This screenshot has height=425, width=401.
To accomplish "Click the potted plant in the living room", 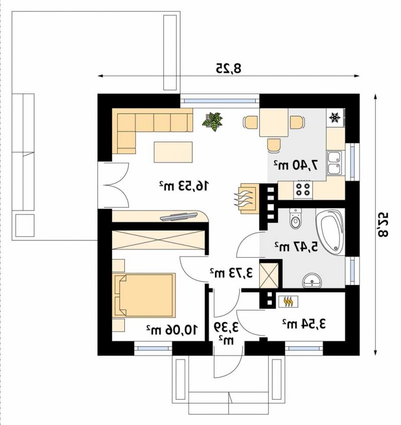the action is (x=213, y=122).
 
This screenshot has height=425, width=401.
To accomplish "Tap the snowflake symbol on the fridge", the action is (x=334, y=118).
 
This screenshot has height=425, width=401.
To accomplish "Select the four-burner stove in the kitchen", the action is (x=303, y=189).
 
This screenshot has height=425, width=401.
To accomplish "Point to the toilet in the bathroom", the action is (x=295, y=218).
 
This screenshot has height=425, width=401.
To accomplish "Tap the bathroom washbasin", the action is (x=312, y=280).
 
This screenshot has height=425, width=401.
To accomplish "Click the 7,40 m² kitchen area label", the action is (x=295, y=165).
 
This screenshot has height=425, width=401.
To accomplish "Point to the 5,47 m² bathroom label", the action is (x=296, y=247).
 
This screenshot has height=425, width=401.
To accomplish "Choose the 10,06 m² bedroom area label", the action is (x=172, y=330).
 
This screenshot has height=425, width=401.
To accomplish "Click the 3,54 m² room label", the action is (x=304, y=324).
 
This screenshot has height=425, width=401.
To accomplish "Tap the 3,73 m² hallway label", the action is (x=231, y=273).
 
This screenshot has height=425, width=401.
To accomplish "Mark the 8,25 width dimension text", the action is (x=229, y=69).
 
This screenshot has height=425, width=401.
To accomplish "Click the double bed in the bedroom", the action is (x=144, y=295).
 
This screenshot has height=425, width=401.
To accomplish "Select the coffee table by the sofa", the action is (x=173, y=152).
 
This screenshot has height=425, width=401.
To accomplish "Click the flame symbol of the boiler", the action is (x=288, y=302).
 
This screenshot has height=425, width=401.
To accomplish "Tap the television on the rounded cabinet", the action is (x=178, y=216).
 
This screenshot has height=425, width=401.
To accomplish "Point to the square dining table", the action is (x=274, y=123).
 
